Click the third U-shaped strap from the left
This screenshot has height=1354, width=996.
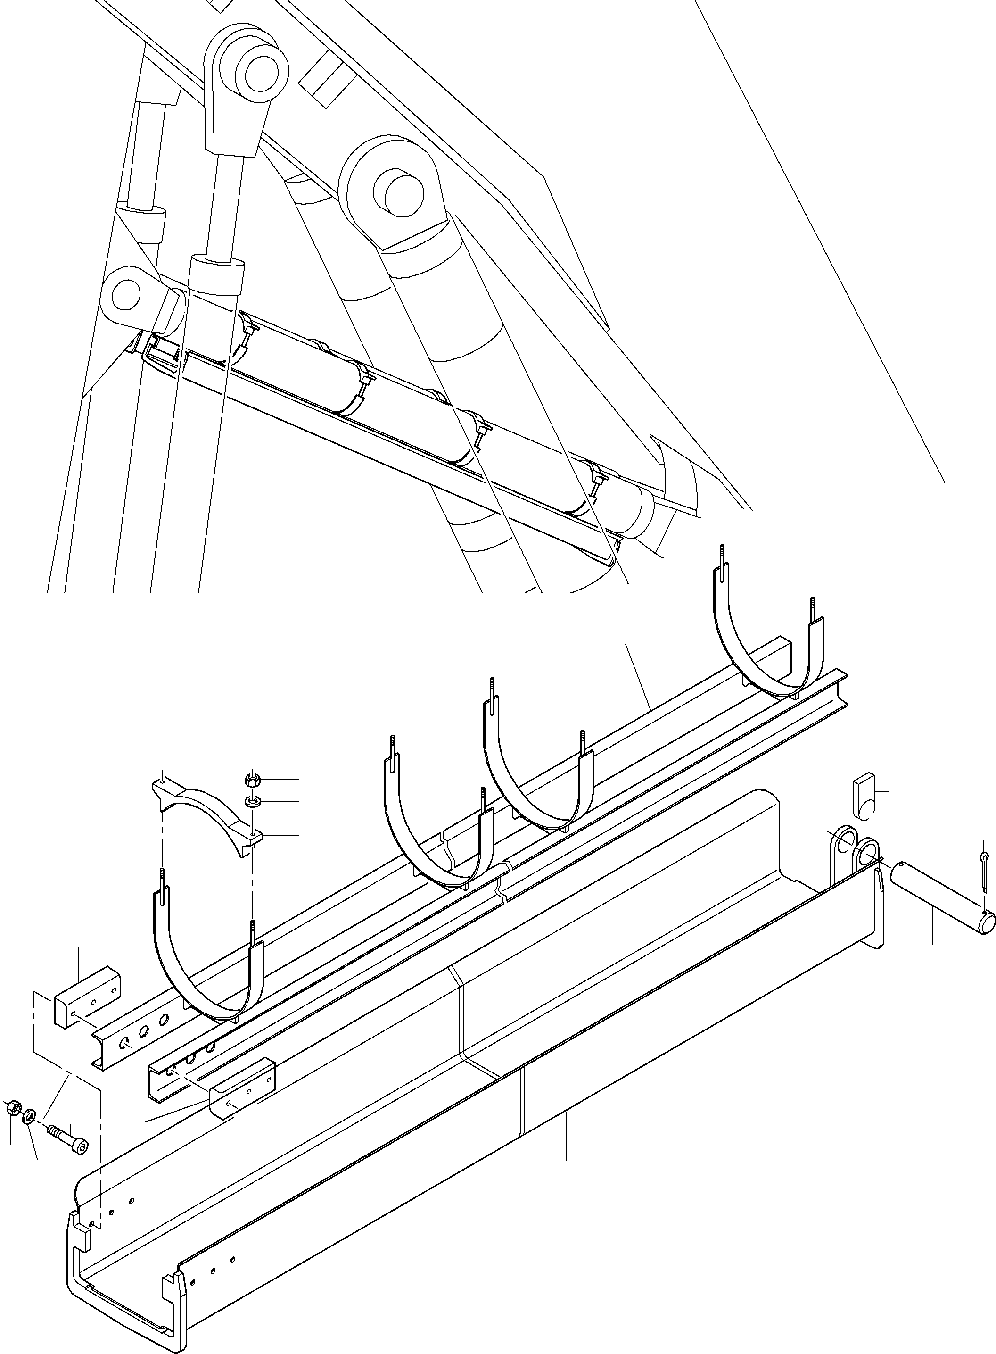pyautogui.click(x=536, y=778)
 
